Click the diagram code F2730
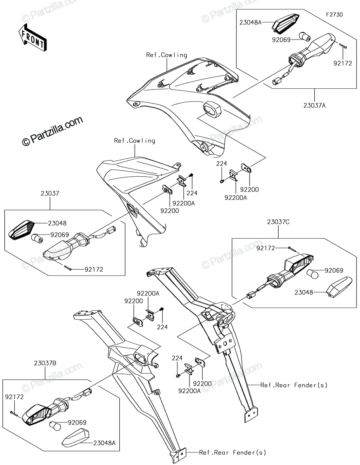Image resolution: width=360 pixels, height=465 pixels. point(334,15)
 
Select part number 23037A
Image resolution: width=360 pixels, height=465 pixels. point(314,105)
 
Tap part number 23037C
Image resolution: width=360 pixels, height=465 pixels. point(278,222)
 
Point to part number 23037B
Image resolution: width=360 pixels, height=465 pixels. point(45,363)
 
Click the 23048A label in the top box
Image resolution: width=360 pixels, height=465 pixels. point(250,22)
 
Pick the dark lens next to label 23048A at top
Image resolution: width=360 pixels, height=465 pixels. point(286,23)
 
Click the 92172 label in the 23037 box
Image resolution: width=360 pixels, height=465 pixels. point(94,269)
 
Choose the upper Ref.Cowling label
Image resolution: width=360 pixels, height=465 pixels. point(167,55)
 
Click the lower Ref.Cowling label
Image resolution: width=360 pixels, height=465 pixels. point(134,141)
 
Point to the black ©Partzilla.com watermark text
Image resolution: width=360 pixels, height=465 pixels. point(52,131)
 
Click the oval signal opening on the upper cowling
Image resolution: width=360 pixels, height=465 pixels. point(212,109)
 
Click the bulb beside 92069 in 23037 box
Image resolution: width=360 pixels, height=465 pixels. point(37,238)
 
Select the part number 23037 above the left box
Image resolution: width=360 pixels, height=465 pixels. point(50,193)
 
